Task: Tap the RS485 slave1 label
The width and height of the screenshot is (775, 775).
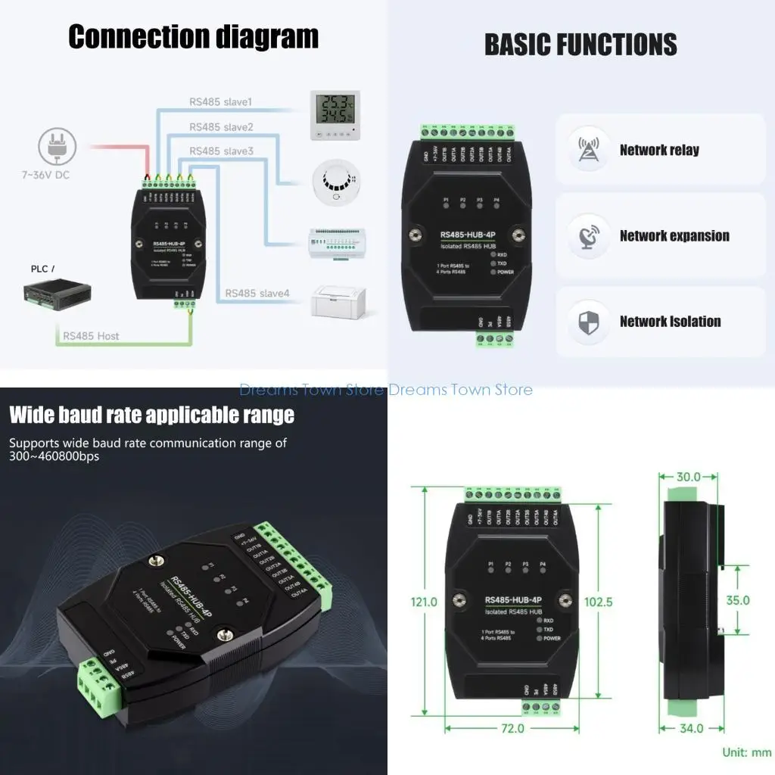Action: click(x=220, y=102)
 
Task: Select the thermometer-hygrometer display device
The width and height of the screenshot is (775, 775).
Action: click(x=335, y=115)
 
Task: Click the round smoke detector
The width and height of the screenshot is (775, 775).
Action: click(x=334, y=184)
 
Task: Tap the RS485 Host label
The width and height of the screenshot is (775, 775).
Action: click(x=91, y=335)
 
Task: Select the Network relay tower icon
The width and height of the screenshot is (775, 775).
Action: click(x=588, y=149)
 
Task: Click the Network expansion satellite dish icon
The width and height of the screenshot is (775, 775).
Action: click(x=588, y=235)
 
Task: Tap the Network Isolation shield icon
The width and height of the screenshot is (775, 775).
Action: click(x=588, y=322)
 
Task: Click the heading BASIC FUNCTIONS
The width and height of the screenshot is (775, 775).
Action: click(x=580, y=45)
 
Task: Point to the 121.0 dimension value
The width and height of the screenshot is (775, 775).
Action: click(x=424, y=602)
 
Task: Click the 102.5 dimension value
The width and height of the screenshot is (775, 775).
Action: click(x=599, y=602)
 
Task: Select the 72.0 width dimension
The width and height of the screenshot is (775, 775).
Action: click(x=512, y=728)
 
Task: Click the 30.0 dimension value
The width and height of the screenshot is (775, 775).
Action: click(x=688, y=477)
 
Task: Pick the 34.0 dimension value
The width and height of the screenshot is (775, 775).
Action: click(x=690, y=728)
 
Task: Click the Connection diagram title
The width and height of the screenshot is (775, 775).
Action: click(x=193, y=36)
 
